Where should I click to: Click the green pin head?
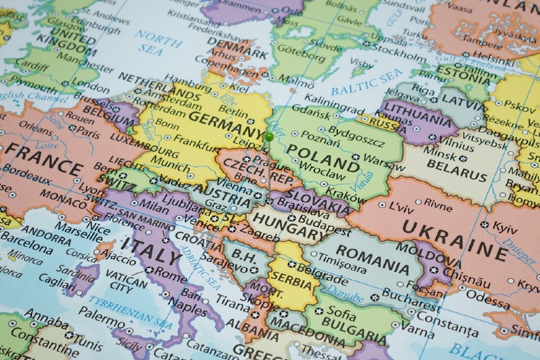point(270,138)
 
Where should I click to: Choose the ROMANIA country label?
point(367,258)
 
